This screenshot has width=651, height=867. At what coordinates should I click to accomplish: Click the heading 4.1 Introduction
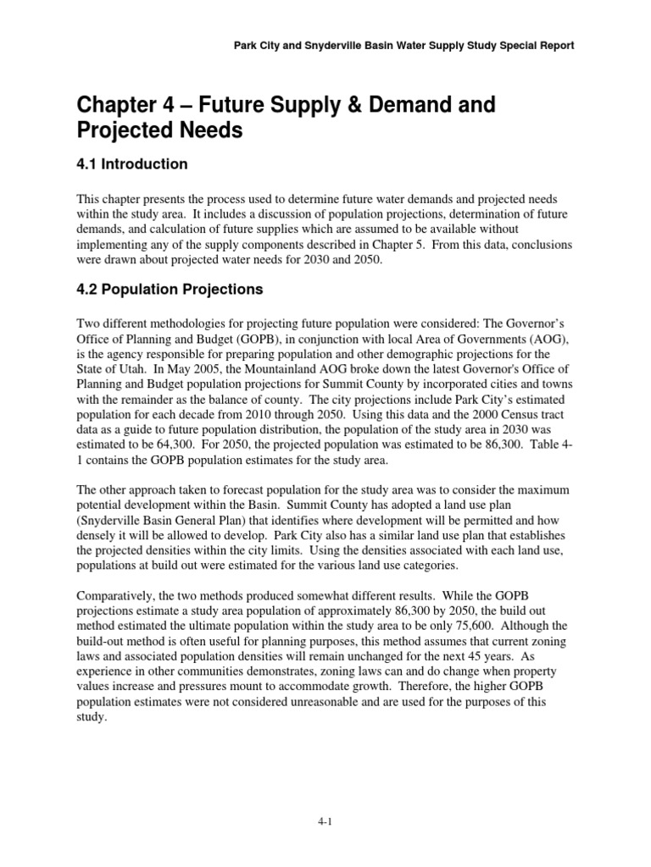click(x=131, y=163)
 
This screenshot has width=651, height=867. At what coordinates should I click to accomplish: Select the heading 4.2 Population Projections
click(x=170, y=290)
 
